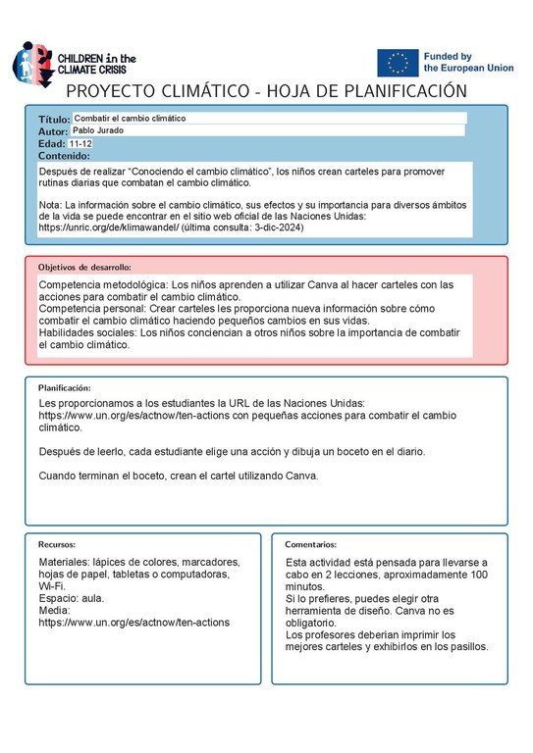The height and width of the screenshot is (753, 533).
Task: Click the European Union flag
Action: [x=398, y=62]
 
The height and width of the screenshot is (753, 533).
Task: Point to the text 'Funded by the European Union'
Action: [x=468, y=63]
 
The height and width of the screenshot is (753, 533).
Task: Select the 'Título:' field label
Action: [x=55, y=119]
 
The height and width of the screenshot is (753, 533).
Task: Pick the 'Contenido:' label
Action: [x=64, y=155]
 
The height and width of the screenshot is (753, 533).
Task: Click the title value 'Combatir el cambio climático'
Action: [x=130, y=118]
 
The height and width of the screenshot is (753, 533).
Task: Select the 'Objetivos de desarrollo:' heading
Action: [x=84, y=267]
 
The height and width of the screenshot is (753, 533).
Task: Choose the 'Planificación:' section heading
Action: [x=64, y=388]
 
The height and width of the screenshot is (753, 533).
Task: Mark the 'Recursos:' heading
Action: [x=57, y=544]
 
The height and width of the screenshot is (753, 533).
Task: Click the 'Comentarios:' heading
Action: [x=310, y=544]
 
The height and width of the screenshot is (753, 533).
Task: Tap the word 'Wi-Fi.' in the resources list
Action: [x=53, y=585]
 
